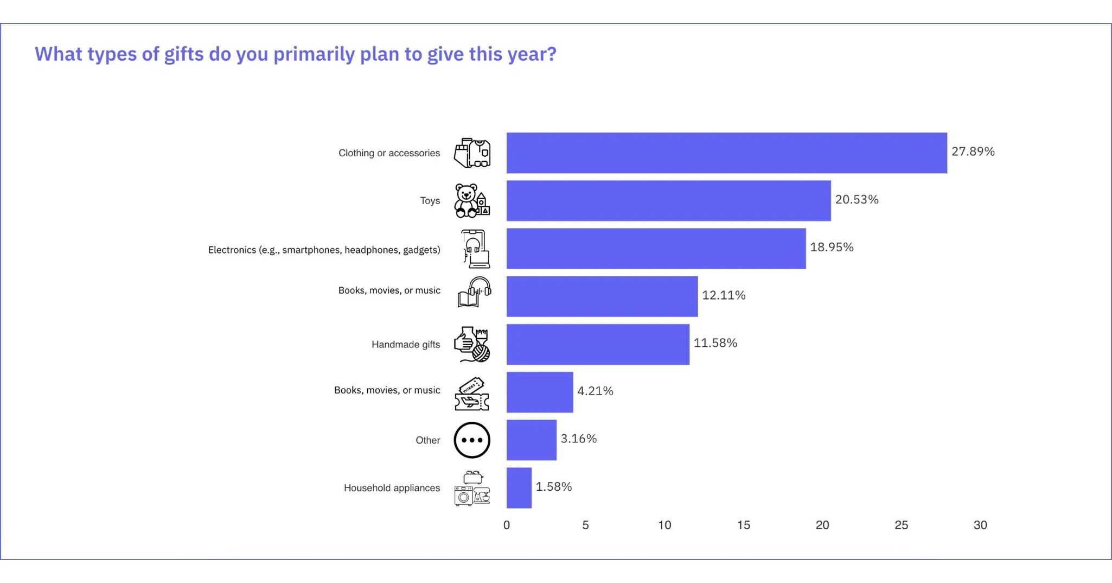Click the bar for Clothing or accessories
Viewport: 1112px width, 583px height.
(726, 153)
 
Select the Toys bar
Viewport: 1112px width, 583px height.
(668, 201)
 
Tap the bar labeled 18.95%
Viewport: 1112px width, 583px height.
(656, 249)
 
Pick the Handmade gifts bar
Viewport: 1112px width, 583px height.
(598, 344)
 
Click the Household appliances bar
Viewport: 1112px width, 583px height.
(519, 487)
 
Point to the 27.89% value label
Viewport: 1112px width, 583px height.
(973, 151)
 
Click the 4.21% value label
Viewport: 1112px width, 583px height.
(595, 391)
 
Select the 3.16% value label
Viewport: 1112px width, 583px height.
(578, 439)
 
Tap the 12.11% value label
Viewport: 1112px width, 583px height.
(724, 295)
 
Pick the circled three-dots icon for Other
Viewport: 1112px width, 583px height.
(472, 440)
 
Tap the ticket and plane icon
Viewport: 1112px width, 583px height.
(472, 394)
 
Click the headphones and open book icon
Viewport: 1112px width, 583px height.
(474, 292)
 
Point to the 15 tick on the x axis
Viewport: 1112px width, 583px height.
(743, 525)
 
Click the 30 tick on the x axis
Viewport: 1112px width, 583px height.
(980, 525)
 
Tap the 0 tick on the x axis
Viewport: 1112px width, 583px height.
(506, 525)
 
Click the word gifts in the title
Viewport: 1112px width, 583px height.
(183, 54)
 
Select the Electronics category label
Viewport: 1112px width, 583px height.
(324, 250)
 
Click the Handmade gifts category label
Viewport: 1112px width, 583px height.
(405, 344)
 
